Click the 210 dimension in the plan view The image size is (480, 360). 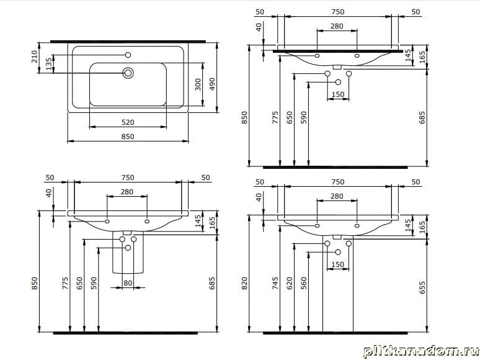point(34,56)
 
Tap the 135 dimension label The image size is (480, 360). point(49,64)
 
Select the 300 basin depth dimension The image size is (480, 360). point(198,84)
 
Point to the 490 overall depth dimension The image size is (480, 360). point(212,84)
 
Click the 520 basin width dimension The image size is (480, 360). point(128,122)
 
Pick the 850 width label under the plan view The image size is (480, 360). point(128,137)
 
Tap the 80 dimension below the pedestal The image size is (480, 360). point(128,283)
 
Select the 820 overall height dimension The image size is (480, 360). point(244,284)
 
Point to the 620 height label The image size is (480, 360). point(290,284)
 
